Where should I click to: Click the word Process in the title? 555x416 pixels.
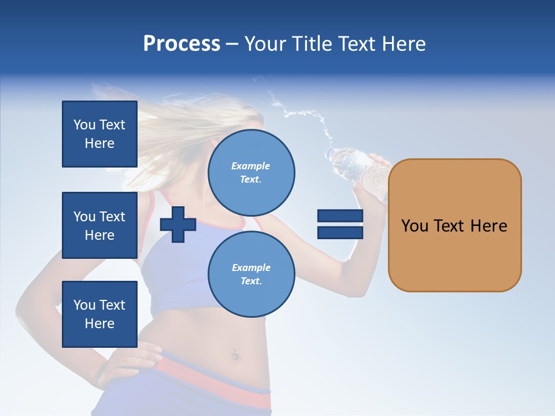pos(182,44)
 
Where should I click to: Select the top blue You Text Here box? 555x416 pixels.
pos(99,134)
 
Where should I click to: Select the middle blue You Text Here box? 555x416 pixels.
pos(99,225)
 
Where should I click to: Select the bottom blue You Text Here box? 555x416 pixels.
pos(99,314)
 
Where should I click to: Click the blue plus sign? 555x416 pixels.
pos(178,224)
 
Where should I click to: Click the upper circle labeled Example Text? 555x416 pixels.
pos(251,172)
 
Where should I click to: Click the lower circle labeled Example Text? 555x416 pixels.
pos(251,274)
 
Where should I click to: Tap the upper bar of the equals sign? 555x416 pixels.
pos(340,216)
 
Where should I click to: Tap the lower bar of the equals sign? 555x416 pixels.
pos(340,232)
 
